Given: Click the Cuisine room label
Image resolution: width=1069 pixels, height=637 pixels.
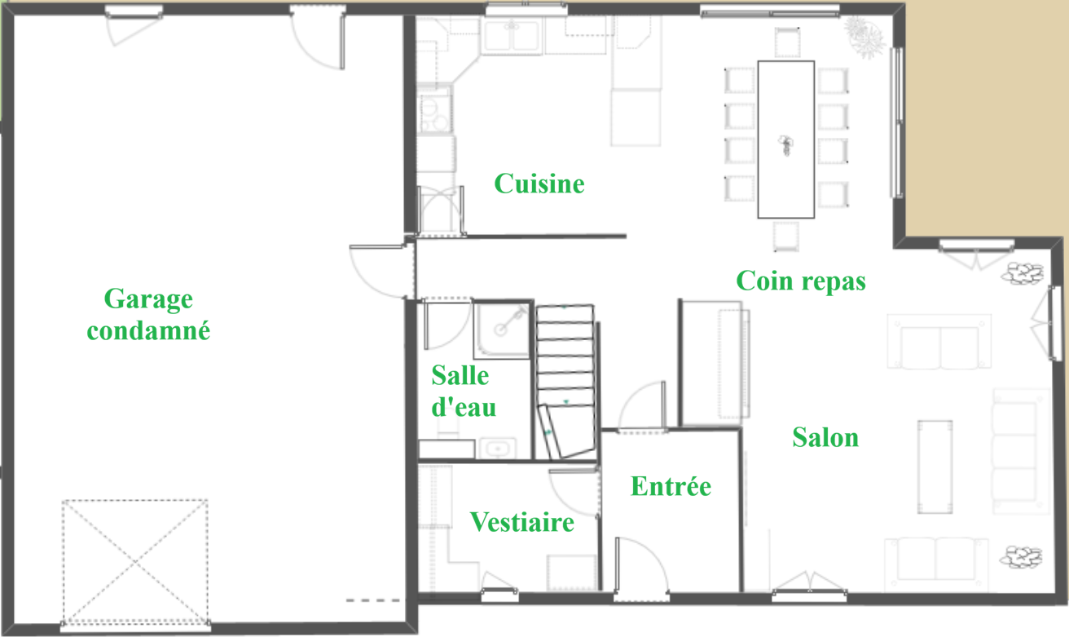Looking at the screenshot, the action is click(x=539, y=184).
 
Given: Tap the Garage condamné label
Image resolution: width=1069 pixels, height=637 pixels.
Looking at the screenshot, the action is click(x=148, y=314).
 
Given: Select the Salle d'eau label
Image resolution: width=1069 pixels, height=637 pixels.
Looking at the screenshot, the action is click(x=464, y=391).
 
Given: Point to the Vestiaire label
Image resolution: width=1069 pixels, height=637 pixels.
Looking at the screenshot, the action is click(x=522, y=521).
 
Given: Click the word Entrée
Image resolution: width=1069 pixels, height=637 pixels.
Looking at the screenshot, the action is click(x=671, y=485).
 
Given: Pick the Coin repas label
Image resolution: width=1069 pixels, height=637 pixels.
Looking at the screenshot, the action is click(x=801, y=281).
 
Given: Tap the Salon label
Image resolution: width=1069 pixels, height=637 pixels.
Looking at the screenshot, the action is click(x=825, y=437).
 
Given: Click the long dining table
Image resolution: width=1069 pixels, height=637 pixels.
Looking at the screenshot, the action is click(x=786, y=139).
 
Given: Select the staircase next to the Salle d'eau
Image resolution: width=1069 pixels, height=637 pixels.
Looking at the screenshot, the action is click(x=566, y=382).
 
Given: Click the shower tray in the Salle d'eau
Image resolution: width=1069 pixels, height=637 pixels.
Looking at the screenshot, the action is click(x=502, y=330).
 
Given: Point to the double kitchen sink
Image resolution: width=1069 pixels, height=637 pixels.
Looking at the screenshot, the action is click(x=512, y=35).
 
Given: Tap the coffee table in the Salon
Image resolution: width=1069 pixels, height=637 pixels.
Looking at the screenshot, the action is click(x=935, y=467).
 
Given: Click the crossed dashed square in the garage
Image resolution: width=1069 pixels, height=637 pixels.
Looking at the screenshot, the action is click(x=135, y=561).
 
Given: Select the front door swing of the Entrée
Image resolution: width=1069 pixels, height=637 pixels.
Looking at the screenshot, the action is click(x=641, y=565).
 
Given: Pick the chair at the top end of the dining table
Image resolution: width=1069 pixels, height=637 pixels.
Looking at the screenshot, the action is click(x=787, y=42).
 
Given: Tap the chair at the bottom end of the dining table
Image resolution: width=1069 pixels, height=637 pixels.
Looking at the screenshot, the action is click(x=786, y=237).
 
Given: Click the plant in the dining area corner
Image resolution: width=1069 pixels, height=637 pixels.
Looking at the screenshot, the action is click(x=864, y=36).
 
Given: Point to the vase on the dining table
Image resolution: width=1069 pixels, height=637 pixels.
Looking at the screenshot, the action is click(x=785, y=145).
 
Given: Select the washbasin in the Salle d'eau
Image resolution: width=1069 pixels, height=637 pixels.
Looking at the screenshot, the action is click(x=498, y=449).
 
